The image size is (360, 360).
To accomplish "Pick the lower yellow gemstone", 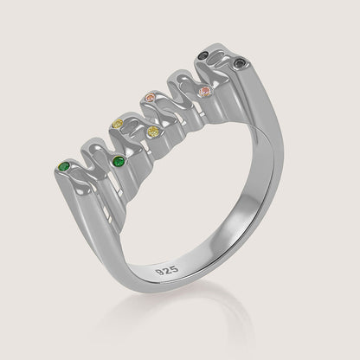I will [154, 132].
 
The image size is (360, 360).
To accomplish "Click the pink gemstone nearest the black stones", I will [205, 92].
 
